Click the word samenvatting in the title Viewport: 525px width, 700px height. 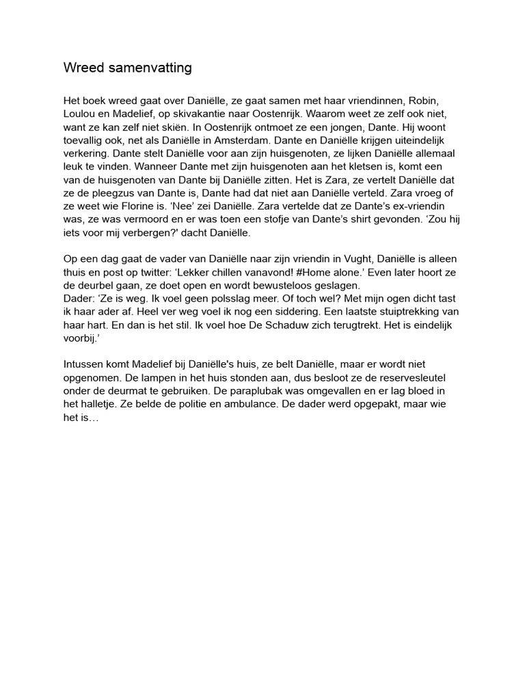point(148,68)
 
